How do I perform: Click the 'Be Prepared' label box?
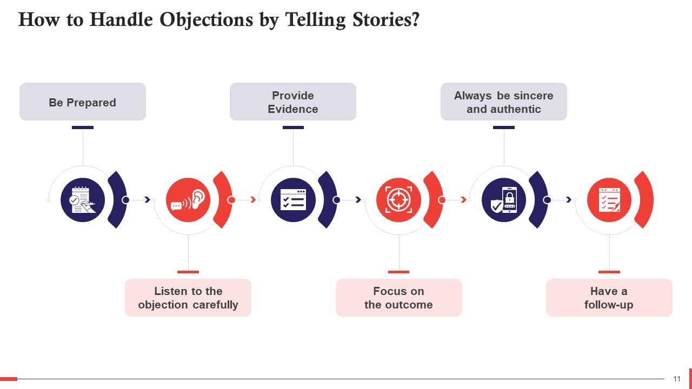(83, 102)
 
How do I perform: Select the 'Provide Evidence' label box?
(293, 102)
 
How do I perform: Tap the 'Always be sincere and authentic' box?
(503, 102)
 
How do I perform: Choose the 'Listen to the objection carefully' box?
(188, 298)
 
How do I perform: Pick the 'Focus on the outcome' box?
(398, 298)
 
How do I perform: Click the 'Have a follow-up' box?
(609, 298)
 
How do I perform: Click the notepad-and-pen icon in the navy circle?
(83, 200)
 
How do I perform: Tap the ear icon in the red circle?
(188, 200)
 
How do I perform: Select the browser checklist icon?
(293, 200)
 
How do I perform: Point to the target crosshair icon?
(398, 200)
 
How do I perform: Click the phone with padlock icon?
(503, 200)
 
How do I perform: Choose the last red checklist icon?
(609, 200)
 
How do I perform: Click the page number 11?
(677, 379)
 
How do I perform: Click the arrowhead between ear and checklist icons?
(252, 200)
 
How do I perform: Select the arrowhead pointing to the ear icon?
(148, 200)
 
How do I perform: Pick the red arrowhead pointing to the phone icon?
(463, 200)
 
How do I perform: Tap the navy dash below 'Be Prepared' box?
(83, 128)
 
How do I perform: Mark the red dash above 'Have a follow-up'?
(609, 272)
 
